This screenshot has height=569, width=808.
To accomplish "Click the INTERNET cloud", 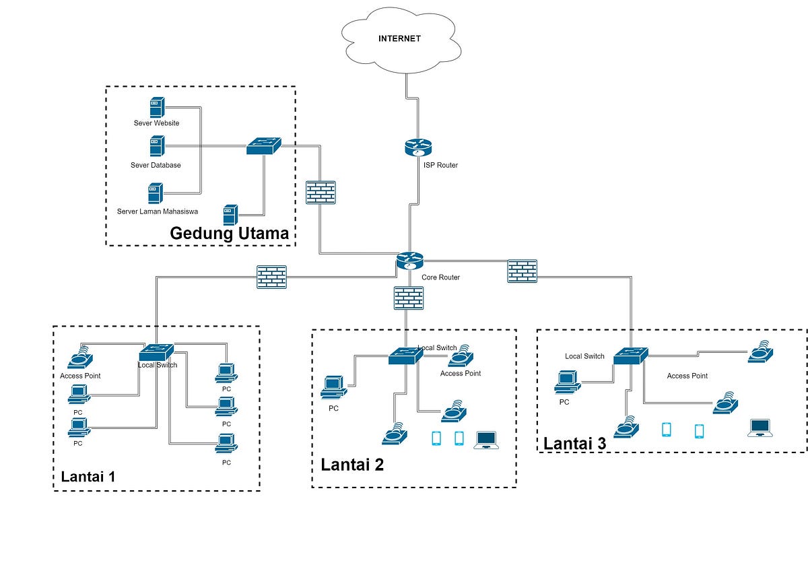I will tap(399, 40).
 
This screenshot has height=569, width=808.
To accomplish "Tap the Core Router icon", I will tap(409, 261).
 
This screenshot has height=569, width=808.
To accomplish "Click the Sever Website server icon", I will tap(157, 108).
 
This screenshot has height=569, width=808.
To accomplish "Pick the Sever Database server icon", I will tap(157, 146).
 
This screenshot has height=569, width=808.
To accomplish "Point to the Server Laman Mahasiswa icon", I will tap(156, 193).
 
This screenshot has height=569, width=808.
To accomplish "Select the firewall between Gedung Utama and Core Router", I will tap(321, 193).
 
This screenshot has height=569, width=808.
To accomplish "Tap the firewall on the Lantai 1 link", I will tap(272, 277).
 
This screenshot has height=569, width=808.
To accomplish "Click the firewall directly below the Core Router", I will tap(409, 298).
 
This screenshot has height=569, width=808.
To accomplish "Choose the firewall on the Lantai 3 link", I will tap(522, 271).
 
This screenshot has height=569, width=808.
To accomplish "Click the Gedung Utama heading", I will tap(229, 234).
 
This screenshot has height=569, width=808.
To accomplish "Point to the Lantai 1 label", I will tap(89, 477).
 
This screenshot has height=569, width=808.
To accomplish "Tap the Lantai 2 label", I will tap(352, 465).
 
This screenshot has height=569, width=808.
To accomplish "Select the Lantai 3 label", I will tap(574, 444).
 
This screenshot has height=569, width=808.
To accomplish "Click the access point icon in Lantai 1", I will tap(81, 356).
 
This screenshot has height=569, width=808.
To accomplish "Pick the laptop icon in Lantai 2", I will tap(486, 440).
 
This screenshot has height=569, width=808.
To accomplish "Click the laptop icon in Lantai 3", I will tap(760, 428).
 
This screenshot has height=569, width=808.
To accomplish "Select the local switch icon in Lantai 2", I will tap(405, 356).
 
